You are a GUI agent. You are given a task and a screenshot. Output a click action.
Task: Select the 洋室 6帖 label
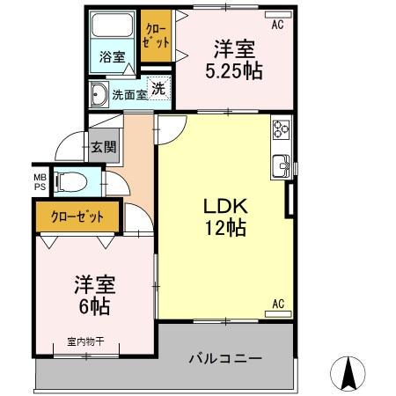(92, 295)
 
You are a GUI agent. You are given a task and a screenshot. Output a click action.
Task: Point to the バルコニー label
(225, 358)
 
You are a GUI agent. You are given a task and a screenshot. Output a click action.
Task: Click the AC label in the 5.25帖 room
(277, 25)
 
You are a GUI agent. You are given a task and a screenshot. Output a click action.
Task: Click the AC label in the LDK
(277, 304)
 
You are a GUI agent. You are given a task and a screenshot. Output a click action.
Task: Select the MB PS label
(40, 180)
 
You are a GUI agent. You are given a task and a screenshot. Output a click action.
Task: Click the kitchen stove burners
(282, 130)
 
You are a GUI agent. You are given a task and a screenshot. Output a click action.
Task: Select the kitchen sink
(282, 164)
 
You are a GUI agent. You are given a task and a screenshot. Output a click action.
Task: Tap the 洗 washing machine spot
(159, 87)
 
